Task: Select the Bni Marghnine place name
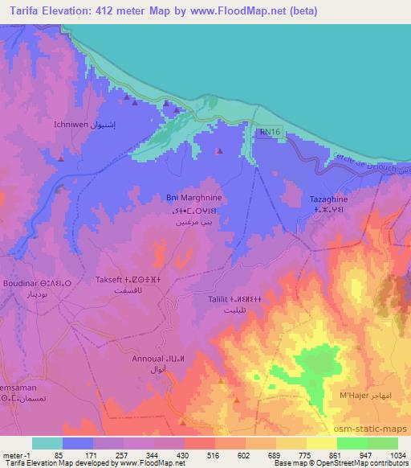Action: (188, 197)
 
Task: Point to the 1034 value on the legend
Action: (396, 454)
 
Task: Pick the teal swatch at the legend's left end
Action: (47, 442)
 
